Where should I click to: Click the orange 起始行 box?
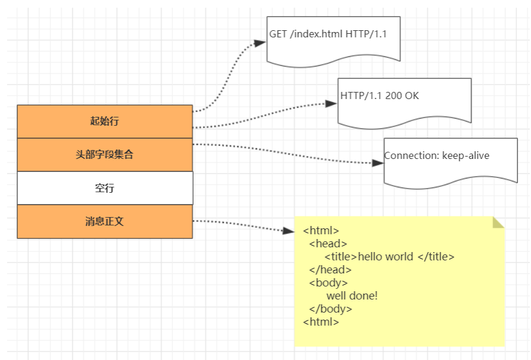point(105,122)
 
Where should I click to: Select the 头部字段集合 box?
point(105,155)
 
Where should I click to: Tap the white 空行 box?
point(105,188)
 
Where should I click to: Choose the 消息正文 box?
point(105,221)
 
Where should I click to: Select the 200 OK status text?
point(402,95)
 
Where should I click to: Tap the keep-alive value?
point(466,155)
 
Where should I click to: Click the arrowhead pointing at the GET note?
point(260,43)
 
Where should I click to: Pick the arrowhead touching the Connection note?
point(378,163)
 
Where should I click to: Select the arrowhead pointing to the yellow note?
point(289,230)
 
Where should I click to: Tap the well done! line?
point(351,295)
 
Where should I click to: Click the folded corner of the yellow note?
point(498,222)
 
